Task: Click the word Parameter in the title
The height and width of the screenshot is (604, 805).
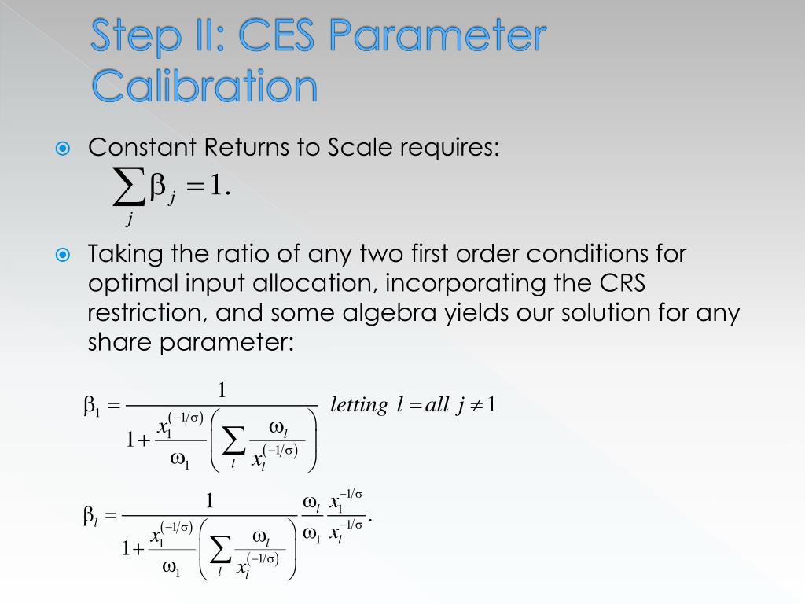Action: (x=436, y=38)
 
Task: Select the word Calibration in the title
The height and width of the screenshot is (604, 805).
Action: (x=204, y=87)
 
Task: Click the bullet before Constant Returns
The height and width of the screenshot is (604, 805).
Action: (x=63, y=148)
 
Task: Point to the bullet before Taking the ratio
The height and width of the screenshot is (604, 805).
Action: (x=63, y=255)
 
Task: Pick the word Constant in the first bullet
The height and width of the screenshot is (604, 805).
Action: (x=143, y=147)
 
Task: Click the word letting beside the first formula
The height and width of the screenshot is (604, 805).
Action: (x=359, y=405)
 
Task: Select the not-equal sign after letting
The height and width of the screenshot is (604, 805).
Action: (x=474, y=405)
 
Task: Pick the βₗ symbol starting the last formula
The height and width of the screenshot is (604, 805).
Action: (x=91, y=516)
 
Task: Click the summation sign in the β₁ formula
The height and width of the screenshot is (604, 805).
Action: (x=233, y=443)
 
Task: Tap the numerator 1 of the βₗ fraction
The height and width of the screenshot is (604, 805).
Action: (x=210, y=501)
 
